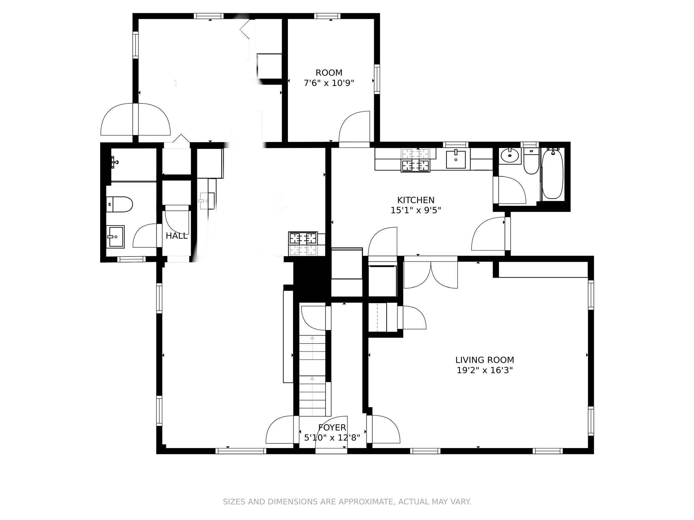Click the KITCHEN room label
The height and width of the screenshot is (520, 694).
click(416, 200)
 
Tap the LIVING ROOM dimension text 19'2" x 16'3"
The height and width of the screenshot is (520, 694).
click(484, 370)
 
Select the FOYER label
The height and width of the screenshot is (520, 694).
click(332, 428)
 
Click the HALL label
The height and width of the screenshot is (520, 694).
click(176, 236)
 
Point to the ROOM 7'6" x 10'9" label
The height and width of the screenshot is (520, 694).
click(329, 78)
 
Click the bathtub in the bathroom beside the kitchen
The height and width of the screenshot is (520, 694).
click(552, 174)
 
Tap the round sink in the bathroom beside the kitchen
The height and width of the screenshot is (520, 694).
click(509, 156)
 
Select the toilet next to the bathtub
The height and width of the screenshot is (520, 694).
click(531, 162)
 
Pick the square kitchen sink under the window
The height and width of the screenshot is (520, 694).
click(456, 159)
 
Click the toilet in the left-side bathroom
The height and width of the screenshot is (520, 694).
click(119, 204)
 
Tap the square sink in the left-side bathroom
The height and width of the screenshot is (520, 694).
click(115, 236)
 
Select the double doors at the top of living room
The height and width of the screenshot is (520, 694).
click(431, 274)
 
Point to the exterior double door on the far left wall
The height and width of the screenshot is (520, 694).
click(135, 120)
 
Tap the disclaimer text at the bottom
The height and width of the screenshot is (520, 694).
click(347, 502)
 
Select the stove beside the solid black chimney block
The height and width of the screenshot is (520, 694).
click(303, 244)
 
